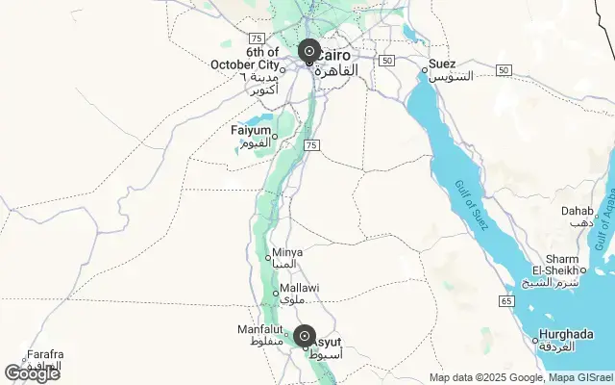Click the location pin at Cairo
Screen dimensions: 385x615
point(308,51)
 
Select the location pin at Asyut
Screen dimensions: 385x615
point(305,337)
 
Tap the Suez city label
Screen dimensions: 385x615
point(442,64)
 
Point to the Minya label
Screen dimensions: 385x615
point(287,252)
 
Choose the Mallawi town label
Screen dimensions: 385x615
point(300,288)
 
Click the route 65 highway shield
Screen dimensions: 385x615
point(505,301)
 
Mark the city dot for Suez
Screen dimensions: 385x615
point(424,69)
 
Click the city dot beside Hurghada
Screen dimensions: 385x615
point(535,338)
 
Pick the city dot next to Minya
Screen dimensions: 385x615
point(268,257)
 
